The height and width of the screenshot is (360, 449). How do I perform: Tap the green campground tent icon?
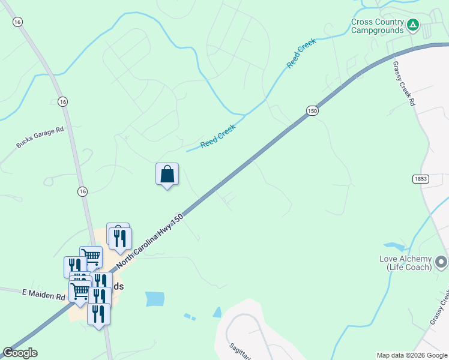click(412, 25)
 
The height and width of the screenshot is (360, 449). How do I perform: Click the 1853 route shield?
click(421, 179)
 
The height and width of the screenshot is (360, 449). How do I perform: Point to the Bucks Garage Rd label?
click(40, 137)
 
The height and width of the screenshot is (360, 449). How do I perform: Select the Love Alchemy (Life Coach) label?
click(405, 263)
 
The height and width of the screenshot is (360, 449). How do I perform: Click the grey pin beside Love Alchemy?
click(441, 262)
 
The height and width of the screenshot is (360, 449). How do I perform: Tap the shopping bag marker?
click(167, 175)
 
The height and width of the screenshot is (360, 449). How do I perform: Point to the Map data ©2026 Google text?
click(412, 355)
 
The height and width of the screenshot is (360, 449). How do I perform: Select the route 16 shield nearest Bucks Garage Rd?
click(63, 102)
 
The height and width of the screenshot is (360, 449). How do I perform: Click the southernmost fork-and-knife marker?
click(98, 314)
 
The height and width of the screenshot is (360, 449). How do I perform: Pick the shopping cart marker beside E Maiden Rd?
click(80, 292)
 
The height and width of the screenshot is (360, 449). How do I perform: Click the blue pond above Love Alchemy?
click(394, 246)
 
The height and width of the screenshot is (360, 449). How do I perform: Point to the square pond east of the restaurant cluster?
click(155, 298)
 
